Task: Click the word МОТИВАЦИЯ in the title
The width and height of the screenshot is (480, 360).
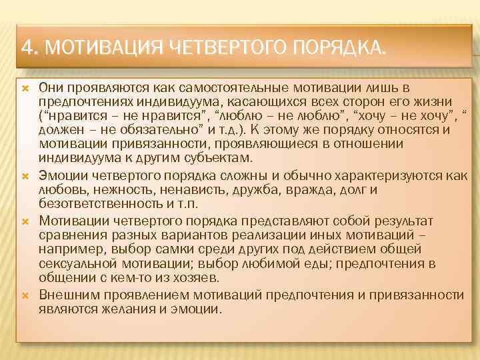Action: (103, 48)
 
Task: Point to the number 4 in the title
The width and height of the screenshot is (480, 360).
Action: (26, 48)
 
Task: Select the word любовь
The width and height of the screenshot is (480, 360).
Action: (59, 191)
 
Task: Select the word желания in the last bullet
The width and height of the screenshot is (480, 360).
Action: (121, 309)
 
